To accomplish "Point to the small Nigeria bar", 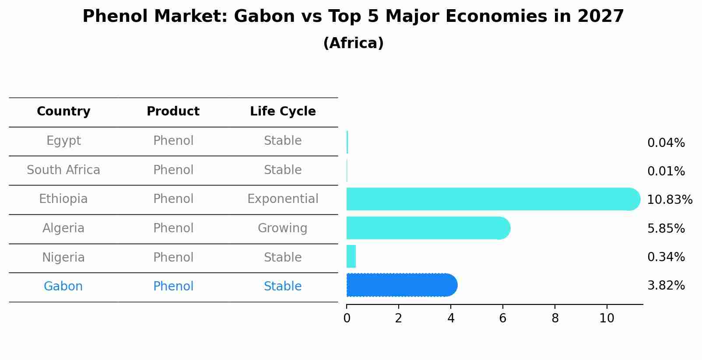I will pos(351,256).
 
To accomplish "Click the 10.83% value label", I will pos(669,200).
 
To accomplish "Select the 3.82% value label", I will pos(666,286).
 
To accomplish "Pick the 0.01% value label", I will pos(666,171).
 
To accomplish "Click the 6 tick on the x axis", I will pos(502,318).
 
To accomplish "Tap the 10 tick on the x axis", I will pos(607,318).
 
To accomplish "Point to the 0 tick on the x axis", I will pos(347,318).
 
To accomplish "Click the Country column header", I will pos(63,112).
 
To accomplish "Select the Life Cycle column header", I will pos(283,112).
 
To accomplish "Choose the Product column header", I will pos(173,112).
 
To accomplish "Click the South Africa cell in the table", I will pos(63,170).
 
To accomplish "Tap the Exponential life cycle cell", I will pos(283,199).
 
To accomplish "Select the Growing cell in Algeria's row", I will pos(282,228).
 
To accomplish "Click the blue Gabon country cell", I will pos(63,287).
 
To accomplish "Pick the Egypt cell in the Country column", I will pos(63,141).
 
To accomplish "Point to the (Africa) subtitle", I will pos(353,43).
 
